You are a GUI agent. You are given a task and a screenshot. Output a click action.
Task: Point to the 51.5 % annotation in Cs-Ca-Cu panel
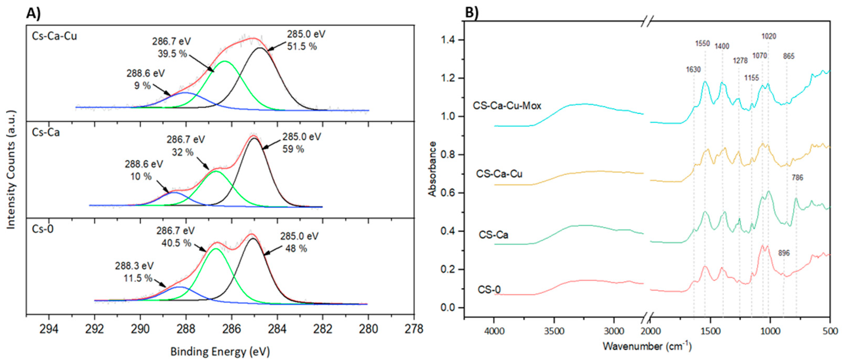[302, 46]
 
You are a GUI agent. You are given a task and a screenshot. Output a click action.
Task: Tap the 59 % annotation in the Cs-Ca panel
[293, 149]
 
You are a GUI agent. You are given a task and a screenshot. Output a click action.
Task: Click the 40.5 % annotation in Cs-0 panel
[176, 243]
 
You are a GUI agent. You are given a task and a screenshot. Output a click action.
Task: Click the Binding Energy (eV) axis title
[220, 352]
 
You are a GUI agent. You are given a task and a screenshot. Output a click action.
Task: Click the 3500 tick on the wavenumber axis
[554, 331]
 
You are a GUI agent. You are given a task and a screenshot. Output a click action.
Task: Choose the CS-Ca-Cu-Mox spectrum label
[507, 106]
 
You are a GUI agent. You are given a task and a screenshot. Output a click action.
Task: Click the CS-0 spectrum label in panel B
[489, 290]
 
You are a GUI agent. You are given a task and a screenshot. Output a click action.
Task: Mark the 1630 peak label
[693, 70]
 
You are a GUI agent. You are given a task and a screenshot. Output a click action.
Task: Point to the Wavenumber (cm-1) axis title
[647, 346]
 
